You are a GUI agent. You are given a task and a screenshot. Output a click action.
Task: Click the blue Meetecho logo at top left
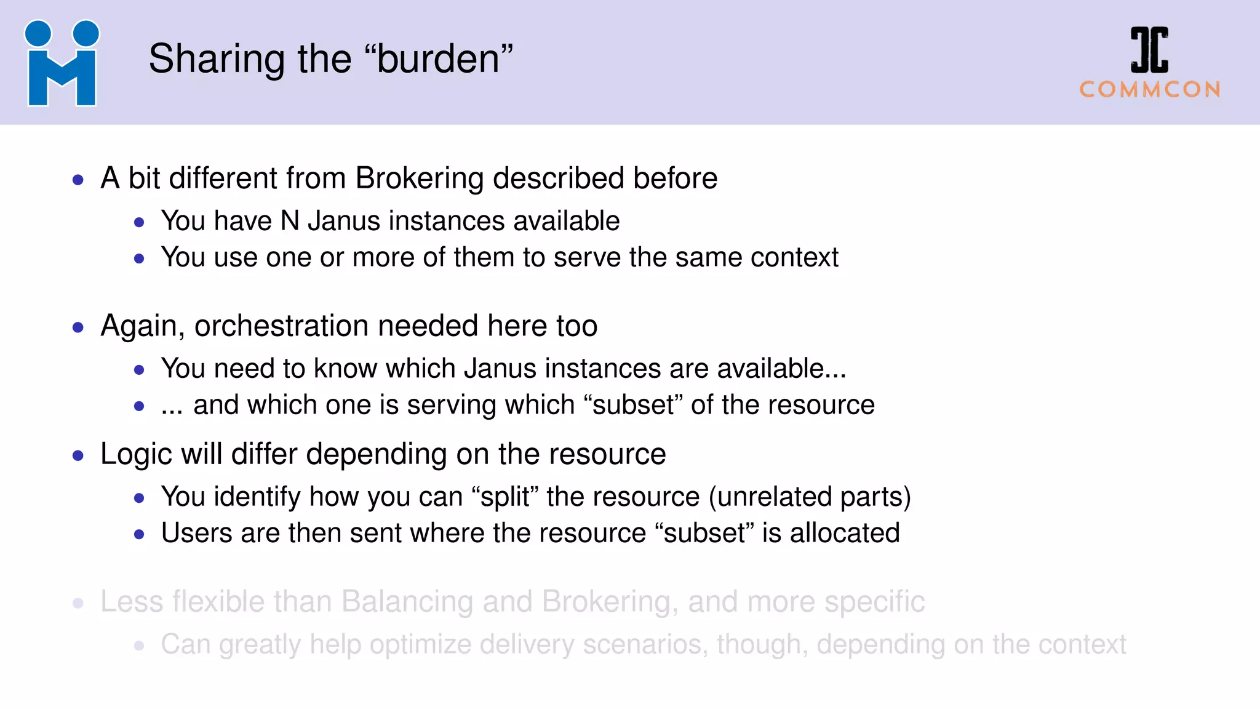click(x=62, y=63)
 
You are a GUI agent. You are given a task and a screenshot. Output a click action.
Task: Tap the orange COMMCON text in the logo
click(x=1150, y=90)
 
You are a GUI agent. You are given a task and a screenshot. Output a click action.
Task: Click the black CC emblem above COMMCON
click(x=1149, y=49)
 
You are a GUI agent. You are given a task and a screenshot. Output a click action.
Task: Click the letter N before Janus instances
click(x=290, y=221)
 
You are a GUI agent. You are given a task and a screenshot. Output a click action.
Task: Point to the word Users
click(x=197, y=533)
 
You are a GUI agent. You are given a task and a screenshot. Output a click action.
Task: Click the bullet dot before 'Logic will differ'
click(x=78, y=456)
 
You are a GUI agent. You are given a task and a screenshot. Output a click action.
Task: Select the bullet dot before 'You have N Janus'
click(x=139, y=223)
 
